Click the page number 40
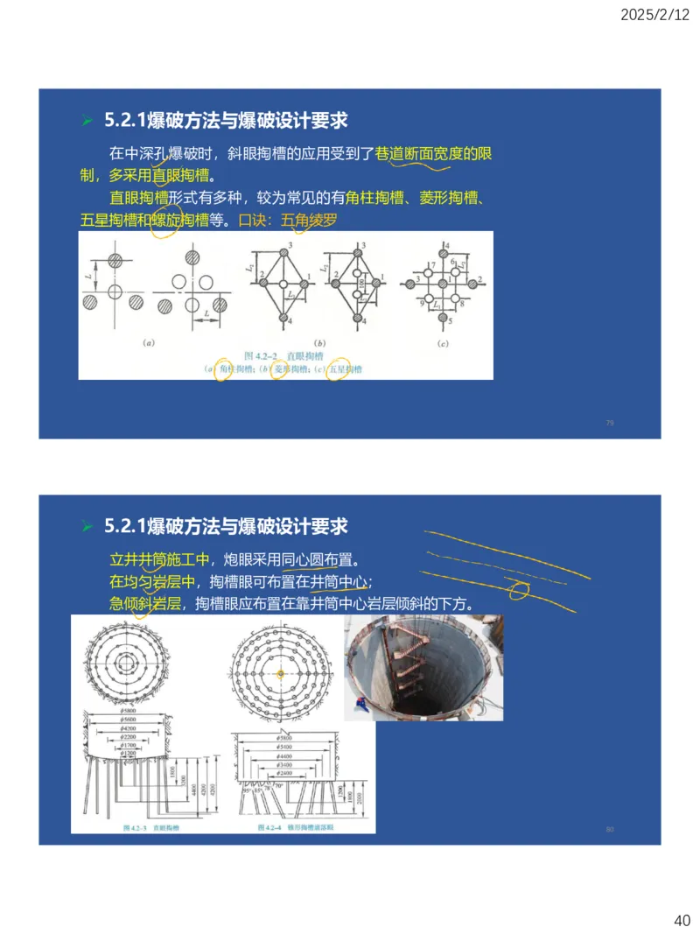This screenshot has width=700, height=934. (682, 920)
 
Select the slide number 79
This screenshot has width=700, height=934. (610, 423)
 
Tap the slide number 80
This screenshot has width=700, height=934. (610, 828)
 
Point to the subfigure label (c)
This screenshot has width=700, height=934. (444, 344)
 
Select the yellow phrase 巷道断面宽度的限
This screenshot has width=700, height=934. (434, 154)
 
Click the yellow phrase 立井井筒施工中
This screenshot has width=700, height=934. (159, 558)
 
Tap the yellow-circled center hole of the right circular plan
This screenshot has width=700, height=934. (280, 673)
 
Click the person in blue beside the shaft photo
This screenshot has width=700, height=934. (357, 705)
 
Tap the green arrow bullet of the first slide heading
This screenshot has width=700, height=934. (87, 120)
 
